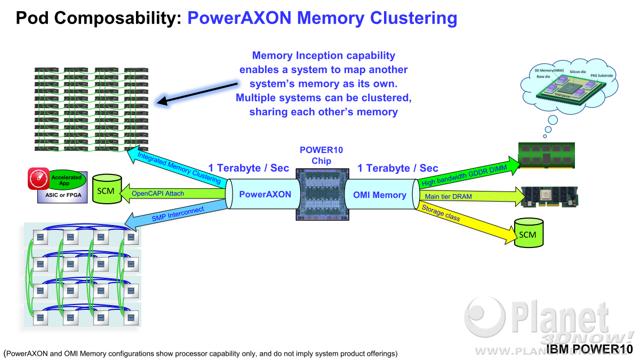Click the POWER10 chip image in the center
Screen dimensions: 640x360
(322, 194)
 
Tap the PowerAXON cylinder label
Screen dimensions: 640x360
(265, 194)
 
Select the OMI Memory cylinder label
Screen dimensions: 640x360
(379, 195)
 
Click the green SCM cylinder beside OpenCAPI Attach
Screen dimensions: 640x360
(107, 189)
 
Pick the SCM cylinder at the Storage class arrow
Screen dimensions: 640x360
(529, 233)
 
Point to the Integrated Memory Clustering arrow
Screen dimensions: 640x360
(177, 166)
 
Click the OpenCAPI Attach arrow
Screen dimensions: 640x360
(173, 194)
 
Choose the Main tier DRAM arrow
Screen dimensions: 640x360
(472, 196)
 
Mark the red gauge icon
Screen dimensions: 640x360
(38, 179)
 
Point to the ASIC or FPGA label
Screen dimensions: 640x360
(63, 195)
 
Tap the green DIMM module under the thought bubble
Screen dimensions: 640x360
(546, 155)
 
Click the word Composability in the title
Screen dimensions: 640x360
(118, 18)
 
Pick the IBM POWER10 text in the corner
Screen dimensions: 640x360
(589, 349)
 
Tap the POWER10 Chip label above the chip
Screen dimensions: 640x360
(321, 155)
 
